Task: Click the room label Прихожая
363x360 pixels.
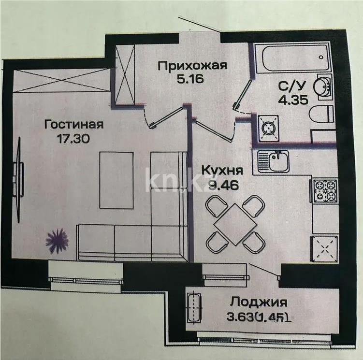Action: click(x=192, y=66)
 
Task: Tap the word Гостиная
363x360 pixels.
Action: click(x=74, y=125)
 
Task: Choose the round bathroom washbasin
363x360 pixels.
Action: click(x=322, y=87)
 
